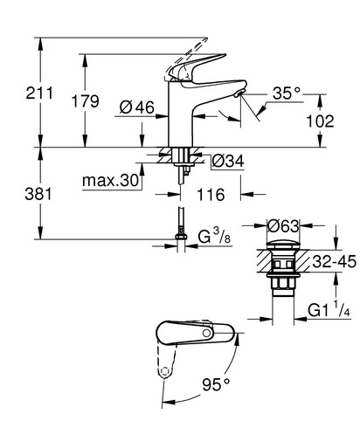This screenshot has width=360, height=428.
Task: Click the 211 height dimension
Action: click(x=39, y=93)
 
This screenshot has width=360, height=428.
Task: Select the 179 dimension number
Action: click(x=86, y=101)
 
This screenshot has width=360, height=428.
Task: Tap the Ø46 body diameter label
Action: click(x=137, y=107)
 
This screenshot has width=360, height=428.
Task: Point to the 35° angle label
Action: click(x=287, y=93)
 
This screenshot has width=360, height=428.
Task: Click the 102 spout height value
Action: click(x=320, y=121)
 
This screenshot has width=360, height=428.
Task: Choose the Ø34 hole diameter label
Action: click(x=228, y=161)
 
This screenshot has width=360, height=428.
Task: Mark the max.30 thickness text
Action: click(x=110, y=181)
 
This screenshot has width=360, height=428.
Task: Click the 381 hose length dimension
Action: click(x=38, y=194)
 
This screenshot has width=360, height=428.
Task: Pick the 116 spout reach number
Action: click(x=211, y=194)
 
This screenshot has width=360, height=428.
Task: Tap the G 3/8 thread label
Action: click(x=214, y=236)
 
